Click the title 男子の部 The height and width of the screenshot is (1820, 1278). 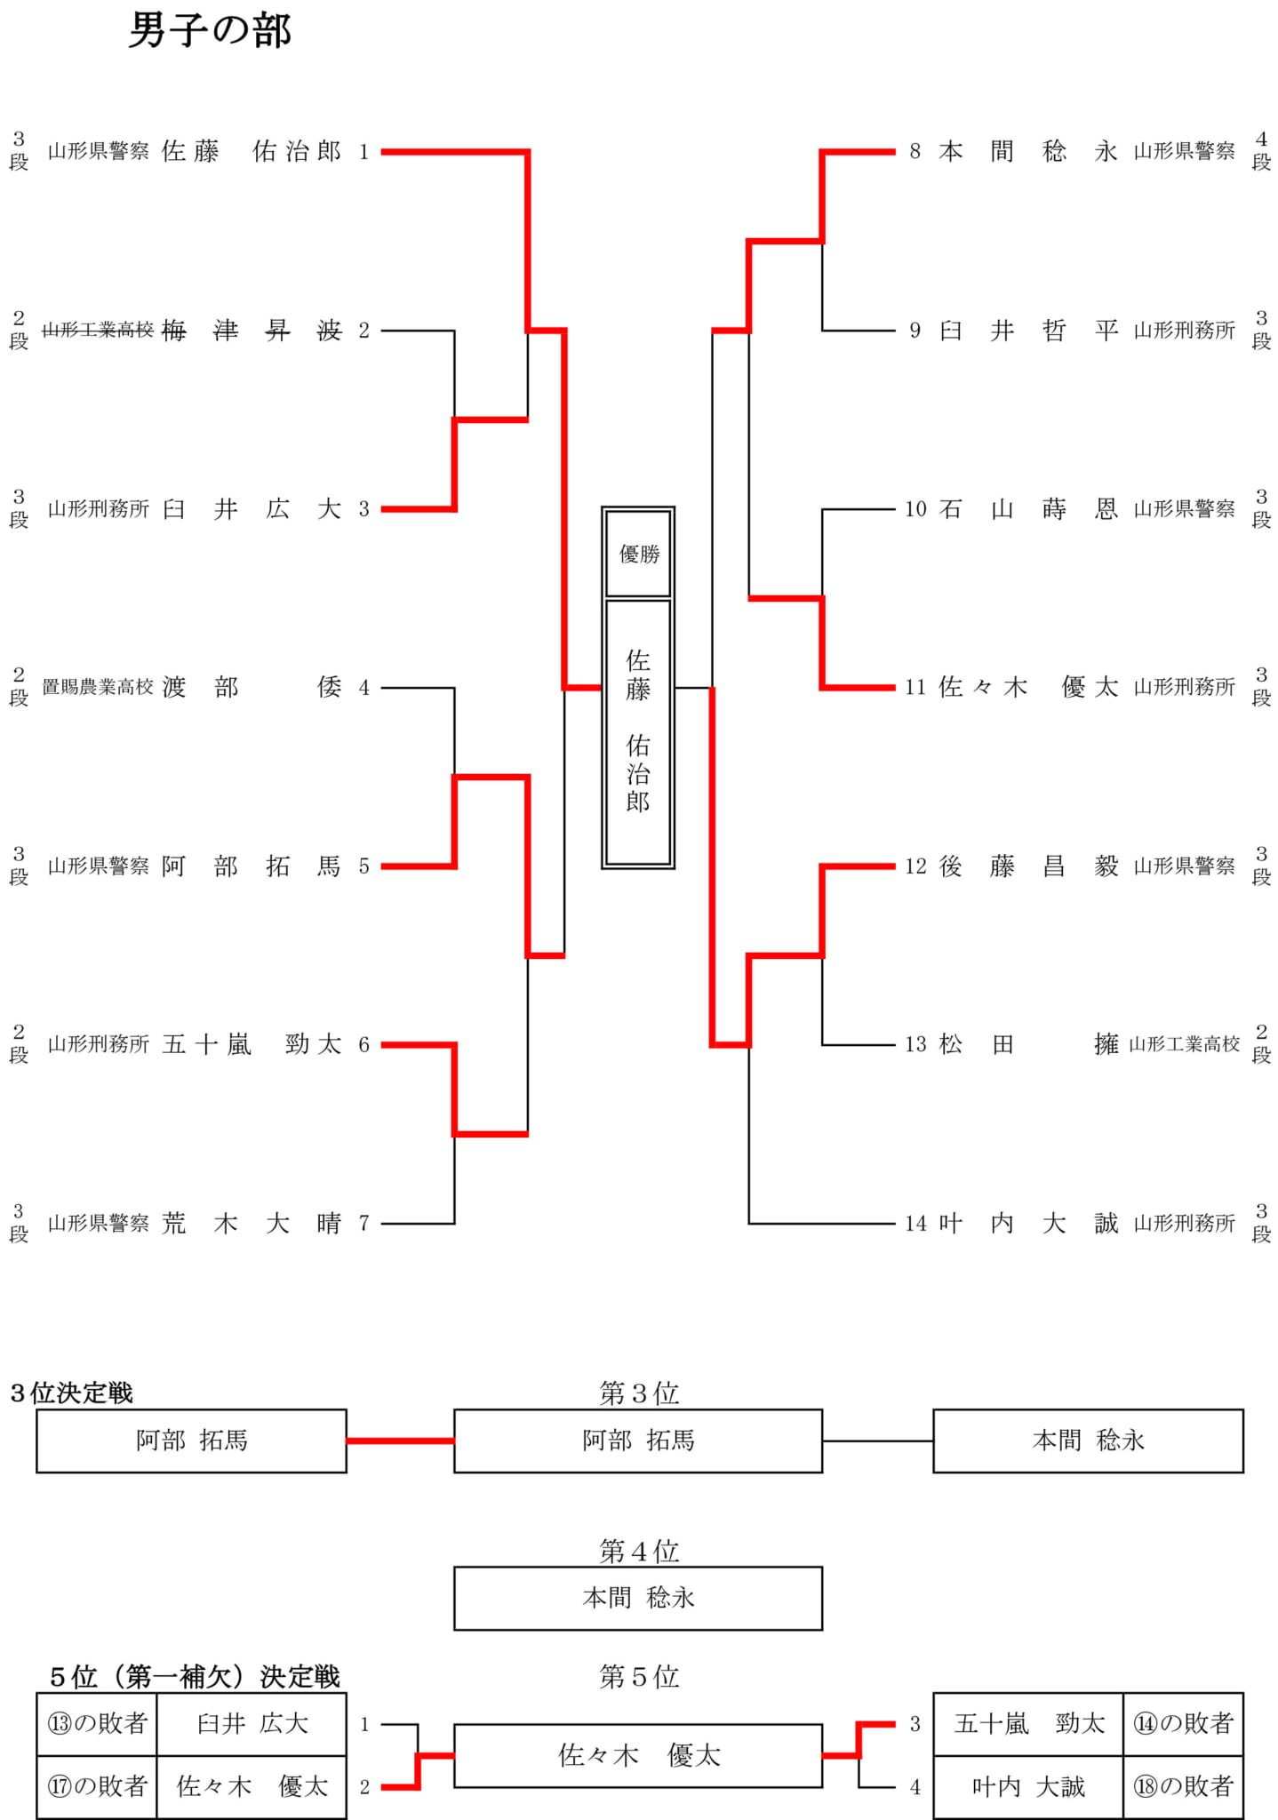click(x=210, y=31)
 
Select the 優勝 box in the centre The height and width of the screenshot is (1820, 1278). click(x=638, y=554)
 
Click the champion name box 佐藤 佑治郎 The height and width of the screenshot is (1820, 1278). click(x=638, y=732)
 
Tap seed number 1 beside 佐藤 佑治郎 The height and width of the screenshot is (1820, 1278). click(x=363, y=152)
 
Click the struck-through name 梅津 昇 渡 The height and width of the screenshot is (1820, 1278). click(x=252, y=331)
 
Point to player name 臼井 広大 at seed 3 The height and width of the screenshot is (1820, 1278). click(x=252, y=509)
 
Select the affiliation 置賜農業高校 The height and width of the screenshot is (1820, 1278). click(x=98, y=687)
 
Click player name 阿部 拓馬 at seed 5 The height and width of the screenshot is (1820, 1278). click(x=252, y=866)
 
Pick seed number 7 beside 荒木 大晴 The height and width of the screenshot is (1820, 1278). click(x=363, y=1224)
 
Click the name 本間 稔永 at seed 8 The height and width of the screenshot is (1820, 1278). click(x=1028, y=152)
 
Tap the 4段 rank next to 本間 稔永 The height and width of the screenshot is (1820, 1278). click(x=1261, y=151)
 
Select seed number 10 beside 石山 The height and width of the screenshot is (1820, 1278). click(x=915, y=509)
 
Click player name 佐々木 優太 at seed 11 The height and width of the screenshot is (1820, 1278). click(x=1028, y=687)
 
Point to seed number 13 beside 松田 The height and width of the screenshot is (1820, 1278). click(x=915, y=1044)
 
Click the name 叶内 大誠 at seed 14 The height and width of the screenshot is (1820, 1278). click(x=1028, y=1224)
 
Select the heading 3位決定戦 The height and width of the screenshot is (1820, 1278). click(x=71, y=1393)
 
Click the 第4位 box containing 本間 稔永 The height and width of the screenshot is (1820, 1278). click(x=638, y=1598)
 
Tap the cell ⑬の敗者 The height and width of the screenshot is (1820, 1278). click(x=97, y=1724)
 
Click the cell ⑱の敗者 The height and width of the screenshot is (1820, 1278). click(x=1183, y=1787)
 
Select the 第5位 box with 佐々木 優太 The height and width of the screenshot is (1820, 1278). click(x=638, y=1755)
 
